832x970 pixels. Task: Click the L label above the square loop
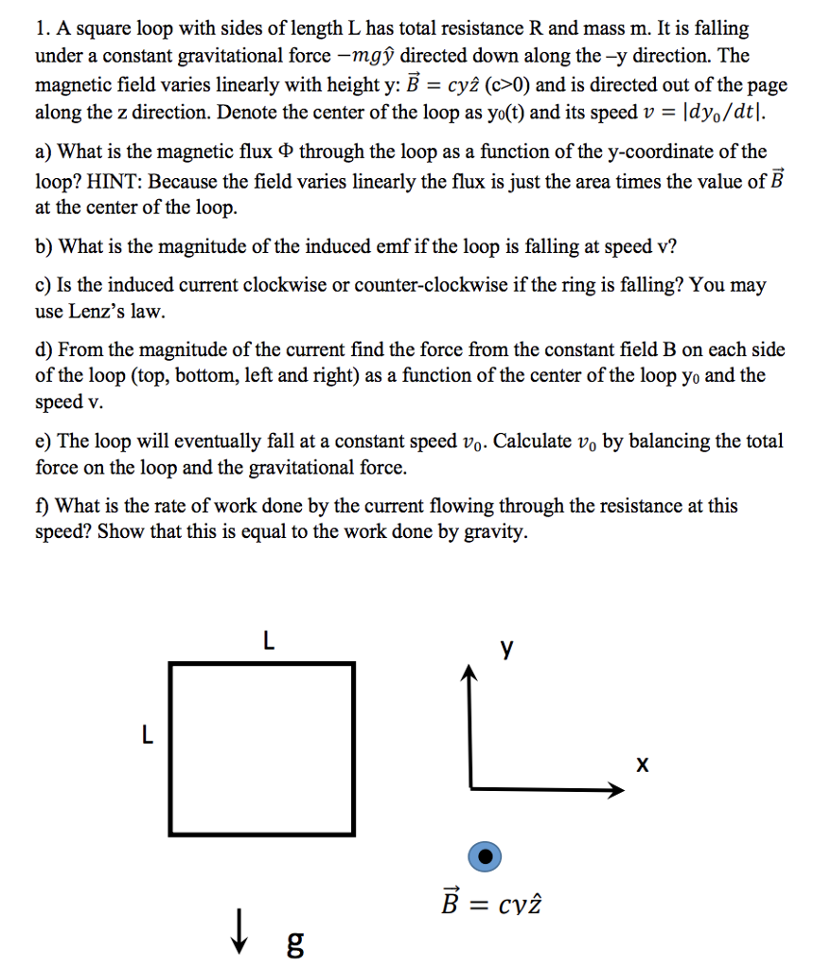(269, 642)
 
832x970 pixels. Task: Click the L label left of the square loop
(146, 735)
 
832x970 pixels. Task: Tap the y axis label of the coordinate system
(508, 649)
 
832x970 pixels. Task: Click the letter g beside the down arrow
(294, 942)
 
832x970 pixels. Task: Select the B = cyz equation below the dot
(491, 907)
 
